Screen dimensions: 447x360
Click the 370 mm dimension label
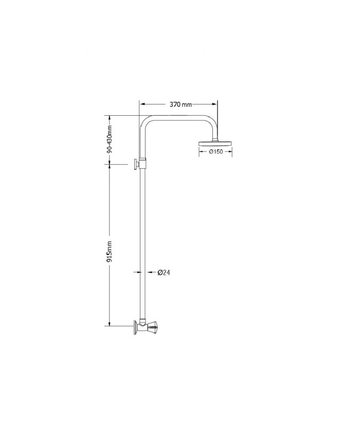(181, 104)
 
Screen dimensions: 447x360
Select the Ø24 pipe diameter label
(164, 272)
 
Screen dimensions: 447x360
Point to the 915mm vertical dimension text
(110, 251)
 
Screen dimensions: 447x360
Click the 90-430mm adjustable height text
(109, 139)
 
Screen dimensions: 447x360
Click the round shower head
(215, 143)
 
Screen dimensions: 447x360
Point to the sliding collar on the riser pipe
(143, 163)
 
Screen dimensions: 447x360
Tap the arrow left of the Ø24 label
(150, 272)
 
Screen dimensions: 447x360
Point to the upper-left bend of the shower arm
(146, 122)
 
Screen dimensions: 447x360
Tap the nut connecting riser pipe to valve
(143, 319)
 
